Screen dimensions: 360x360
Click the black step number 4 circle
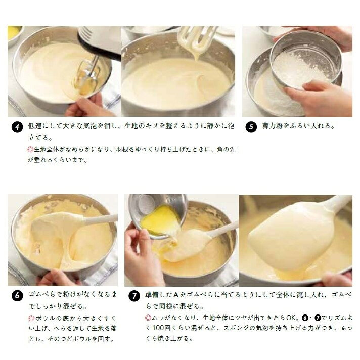17,127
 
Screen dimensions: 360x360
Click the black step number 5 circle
251,127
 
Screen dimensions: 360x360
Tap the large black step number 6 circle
17,295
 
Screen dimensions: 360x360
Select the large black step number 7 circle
134,296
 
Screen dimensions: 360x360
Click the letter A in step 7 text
176,295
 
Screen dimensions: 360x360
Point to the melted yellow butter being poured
161,220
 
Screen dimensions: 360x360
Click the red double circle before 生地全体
30,150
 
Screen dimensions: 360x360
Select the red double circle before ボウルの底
31,318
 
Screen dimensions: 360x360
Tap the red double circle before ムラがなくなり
148,318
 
